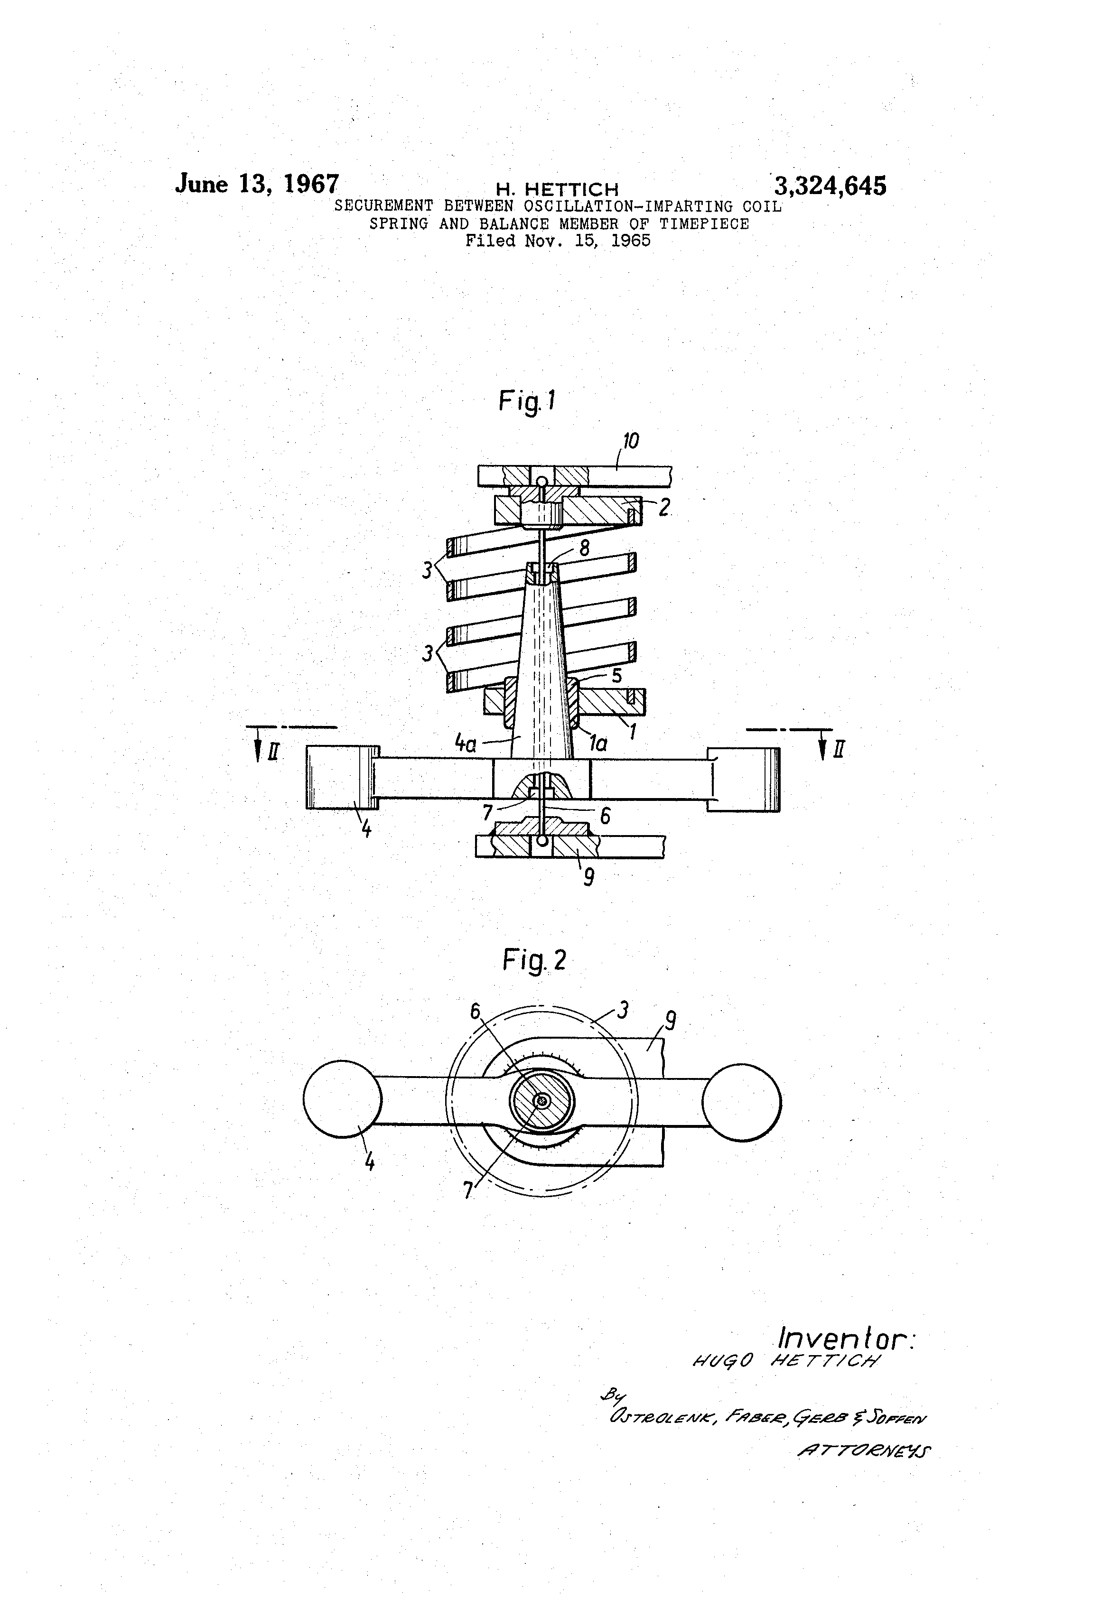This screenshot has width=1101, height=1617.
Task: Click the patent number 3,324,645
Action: (x=830, y=186)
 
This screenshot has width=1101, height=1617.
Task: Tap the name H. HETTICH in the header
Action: (x=557, y=188)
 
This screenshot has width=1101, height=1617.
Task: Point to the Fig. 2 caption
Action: (x=534, y=960)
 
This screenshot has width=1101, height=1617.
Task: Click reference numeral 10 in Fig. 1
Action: (x=631, y=441)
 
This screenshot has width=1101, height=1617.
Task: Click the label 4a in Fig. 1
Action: (x=465, y=744)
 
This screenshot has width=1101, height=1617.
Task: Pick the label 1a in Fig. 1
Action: (x=598, y=744)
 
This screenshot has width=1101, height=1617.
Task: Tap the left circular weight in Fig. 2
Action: (x=343, y=1099)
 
